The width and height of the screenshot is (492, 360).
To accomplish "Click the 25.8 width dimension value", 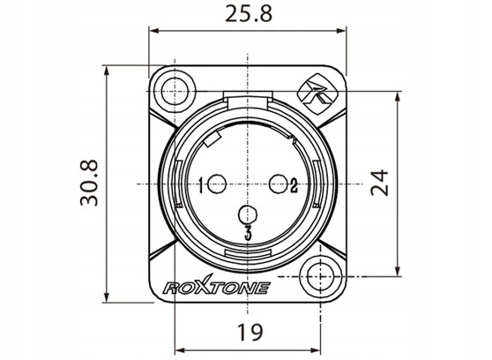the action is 249,14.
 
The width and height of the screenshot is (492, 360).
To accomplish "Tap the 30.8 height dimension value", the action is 89,183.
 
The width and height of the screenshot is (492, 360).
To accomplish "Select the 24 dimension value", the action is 380,183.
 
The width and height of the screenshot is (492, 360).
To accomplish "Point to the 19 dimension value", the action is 250,333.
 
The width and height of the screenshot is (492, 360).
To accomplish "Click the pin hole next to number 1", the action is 217,184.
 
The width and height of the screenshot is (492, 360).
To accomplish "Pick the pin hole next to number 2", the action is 279,184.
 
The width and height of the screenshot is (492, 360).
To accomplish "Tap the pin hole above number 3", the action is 248,215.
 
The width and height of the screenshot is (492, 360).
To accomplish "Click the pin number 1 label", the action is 201,185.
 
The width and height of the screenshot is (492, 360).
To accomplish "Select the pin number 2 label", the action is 294,185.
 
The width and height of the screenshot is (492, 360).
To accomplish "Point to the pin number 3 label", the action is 248,234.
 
